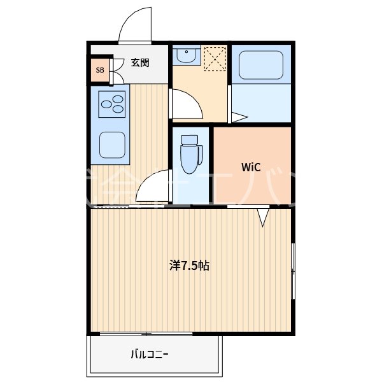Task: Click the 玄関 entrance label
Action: [x=140, y=62]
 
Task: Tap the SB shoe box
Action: [x=99, y=70]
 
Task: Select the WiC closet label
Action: [x=250, y=167]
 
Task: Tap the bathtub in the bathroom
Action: [x=260, y=65]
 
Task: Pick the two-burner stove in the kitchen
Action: [x=112, y=103]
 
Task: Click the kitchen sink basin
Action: [x=112, y=145]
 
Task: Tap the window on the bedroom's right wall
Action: [x=293, y=271]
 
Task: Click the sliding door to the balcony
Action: [x=146, y=334]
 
